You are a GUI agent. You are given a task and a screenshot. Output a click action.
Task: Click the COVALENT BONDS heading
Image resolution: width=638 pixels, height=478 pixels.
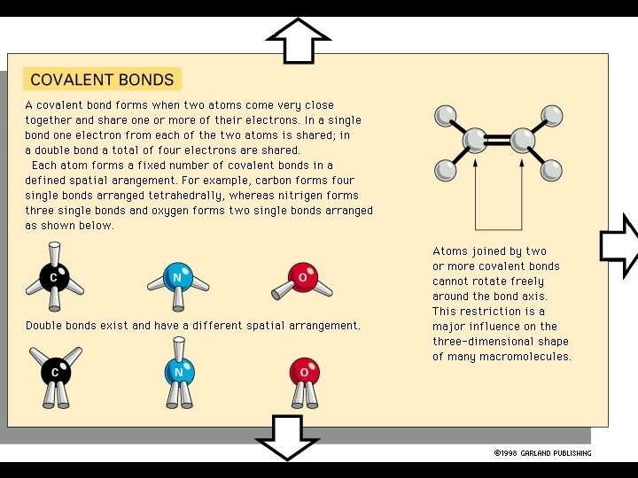point(102,80)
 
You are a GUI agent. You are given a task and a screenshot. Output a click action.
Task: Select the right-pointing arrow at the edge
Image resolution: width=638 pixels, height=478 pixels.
point(619,244)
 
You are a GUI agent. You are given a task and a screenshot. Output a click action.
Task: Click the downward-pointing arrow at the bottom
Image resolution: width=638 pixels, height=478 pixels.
point(286,436)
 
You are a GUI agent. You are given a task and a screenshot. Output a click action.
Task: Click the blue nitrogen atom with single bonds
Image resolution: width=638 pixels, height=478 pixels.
point(178,277)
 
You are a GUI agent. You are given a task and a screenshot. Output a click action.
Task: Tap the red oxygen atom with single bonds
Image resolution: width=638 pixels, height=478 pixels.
point(302,277)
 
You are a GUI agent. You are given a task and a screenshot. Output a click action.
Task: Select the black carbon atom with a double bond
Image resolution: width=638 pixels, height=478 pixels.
point(55,373)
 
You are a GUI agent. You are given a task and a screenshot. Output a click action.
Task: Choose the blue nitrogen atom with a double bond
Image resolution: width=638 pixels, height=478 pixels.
point(179,372)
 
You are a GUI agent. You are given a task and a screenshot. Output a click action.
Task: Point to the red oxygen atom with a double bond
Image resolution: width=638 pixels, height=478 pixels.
point(304,372)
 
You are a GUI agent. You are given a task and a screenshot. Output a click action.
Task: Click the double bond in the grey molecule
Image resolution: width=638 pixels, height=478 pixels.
point(498,140)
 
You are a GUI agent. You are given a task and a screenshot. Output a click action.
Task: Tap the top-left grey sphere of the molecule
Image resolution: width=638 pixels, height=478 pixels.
point(446,115)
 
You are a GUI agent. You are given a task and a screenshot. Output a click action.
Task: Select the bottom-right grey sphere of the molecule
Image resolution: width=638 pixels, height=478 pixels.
point(551,169)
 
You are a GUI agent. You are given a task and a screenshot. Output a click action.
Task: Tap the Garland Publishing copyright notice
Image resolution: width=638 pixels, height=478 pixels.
point(542,453)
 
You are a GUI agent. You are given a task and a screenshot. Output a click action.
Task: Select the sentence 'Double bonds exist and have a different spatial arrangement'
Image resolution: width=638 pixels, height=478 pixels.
point(192,326)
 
